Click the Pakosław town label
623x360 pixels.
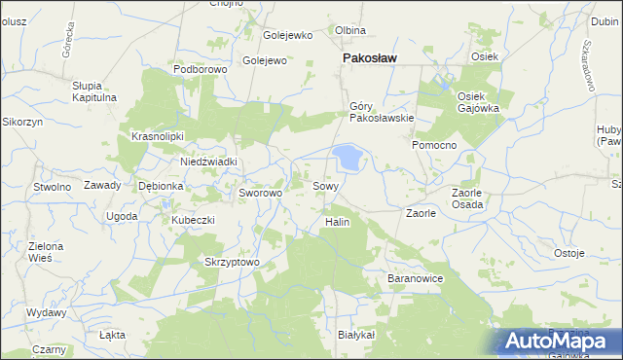pos(368,59)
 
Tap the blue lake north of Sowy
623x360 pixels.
pos(347,157)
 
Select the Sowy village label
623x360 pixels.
pos(325,185)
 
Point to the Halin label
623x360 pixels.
pos(336,222)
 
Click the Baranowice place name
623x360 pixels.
pos(416,279)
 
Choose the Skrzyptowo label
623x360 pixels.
pos(231,262)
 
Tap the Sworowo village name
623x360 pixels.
pos(260,193)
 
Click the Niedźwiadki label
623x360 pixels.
pos(209,162)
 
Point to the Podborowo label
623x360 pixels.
pos(200,70)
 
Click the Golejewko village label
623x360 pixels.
pos(288,36)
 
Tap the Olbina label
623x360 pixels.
pos(350,31)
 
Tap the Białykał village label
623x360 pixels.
pos(355,335)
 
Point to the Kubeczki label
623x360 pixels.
pos(193,220)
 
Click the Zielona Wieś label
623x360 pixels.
pos(46,253)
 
